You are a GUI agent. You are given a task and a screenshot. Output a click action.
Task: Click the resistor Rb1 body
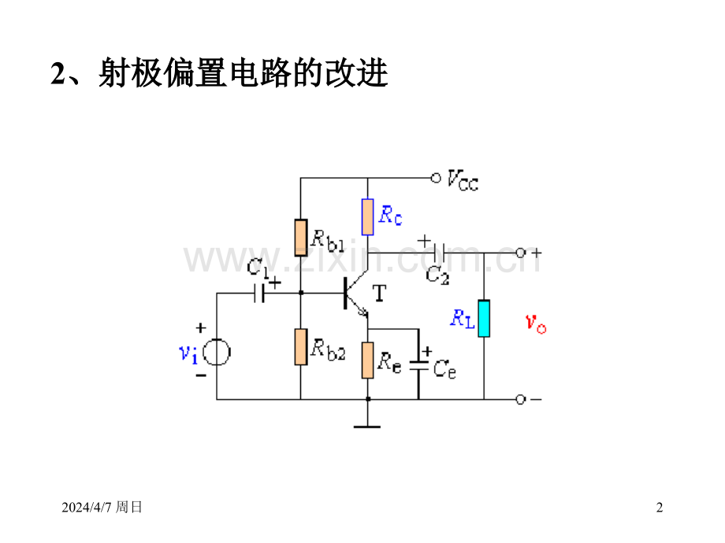[x=300, y=238]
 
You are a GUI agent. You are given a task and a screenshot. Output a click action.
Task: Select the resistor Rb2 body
[x=300, y=347]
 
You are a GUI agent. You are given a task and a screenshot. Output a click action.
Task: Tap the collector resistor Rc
[x=368, y=216]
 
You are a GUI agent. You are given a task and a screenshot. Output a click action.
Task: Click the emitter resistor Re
[x=368, y=359]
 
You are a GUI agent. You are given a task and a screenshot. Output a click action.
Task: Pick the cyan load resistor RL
[x=484, y=317]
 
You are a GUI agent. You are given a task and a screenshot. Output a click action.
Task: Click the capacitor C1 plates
[x=259, y=294]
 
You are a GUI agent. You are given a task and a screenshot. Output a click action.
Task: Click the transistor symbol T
[x=352, y=294]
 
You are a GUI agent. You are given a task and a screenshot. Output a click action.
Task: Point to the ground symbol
[x=368, y=425]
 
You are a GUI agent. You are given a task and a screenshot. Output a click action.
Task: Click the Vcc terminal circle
[x=435, y=178]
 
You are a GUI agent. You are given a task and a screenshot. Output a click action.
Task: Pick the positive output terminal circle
[x=520, y=253]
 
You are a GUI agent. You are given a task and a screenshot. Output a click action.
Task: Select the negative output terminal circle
[x=520, y=399]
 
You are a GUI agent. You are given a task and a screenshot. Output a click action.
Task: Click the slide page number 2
[x=660, y=508]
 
